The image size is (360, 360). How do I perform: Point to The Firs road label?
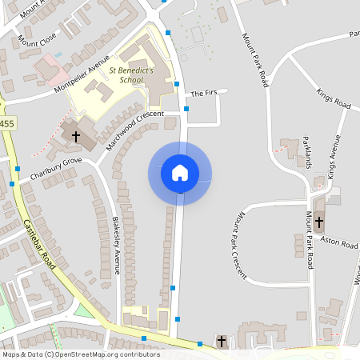click(203, 93)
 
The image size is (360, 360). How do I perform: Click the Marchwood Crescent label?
click(128, 133)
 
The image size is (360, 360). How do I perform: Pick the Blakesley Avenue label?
click(116, 245)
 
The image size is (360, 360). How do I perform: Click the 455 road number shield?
click(6, 123)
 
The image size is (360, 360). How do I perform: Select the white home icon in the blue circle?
click(179, 173)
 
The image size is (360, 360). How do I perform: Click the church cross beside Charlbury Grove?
click(76, 137)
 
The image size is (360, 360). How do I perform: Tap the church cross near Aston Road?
click(318, 222)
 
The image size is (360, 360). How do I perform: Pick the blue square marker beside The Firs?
click(186, 108)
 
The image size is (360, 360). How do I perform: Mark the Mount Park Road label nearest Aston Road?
click(309, 239)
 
